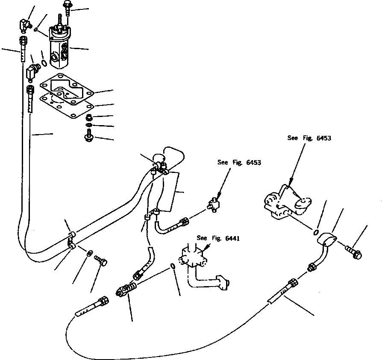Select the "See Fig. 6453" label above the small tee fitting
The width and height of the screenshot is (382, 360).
pos(239,162)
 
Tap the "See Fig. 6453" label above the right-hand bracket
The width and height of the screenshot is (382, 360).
pos(309,138)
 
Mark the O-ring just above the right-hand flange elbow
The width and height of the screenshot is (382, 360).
pos(316,232)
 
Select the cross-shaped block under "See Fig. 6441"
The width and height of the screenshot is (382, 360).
pos(193,258)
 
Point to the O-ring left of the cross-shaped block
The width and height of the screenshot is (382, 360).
pos(172,266)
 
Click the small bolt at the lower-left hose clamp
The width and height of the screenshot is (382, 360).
pos(101,260)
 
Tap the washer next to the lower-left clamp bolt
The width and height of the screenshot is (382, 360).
pos(89,253)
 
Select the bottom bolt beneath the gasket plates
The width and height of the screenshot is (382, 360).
pos(88,138)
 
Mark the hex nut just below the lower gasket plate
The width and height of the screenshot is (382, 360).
pos(88,117)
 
